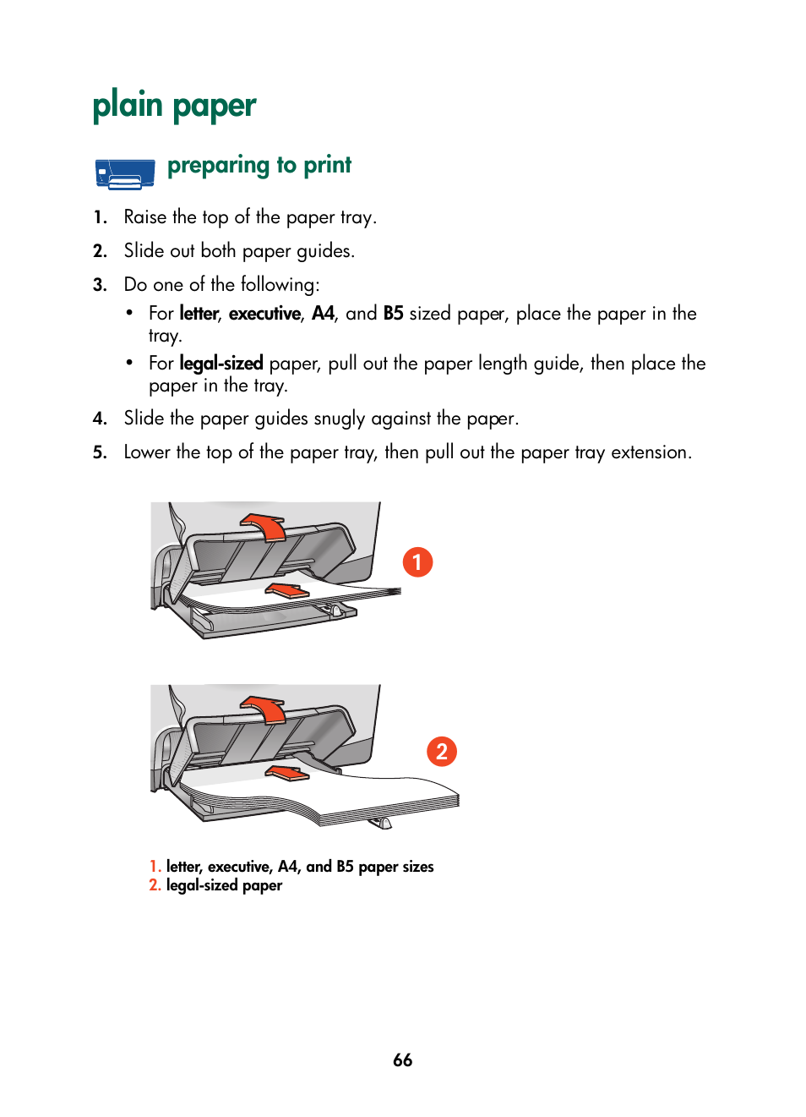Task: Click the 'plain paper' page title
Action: [x=174, y=107]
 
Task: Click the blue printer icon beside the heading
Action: [x=125, y=173]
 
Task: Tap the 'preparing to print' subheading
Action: [x=259, y=165]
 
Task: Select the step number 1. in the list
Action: [x=101, y=217]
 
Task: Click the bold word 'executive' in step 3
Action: [x=264, y=314]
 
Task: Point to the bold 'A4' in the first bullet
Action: [x=323, y=314]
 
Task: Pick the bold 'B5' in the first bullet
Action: [x=393, y=314]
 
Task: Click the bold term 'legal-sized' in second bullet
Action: [x=221, y=364]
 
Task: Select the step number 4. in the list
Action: [x=101, y=419]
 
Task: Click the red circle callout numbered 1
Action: [x=417, y=562]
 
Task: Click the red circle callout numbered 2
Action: [x=442, y=752]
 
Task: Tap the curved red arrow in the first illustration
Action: [x=267, y=526]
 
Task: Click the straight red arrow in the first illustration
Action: [x=287, y=590]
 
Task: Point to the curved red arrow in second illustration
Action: [x=267, y=709]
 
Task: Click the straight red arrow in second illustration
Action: [x=287, y=772]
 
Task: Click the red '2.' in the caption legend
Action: [x=155, y=885]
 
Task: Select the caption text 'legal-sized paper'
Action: [x=224, y=885]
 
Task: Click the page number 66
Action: [x=402, y=1060]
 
